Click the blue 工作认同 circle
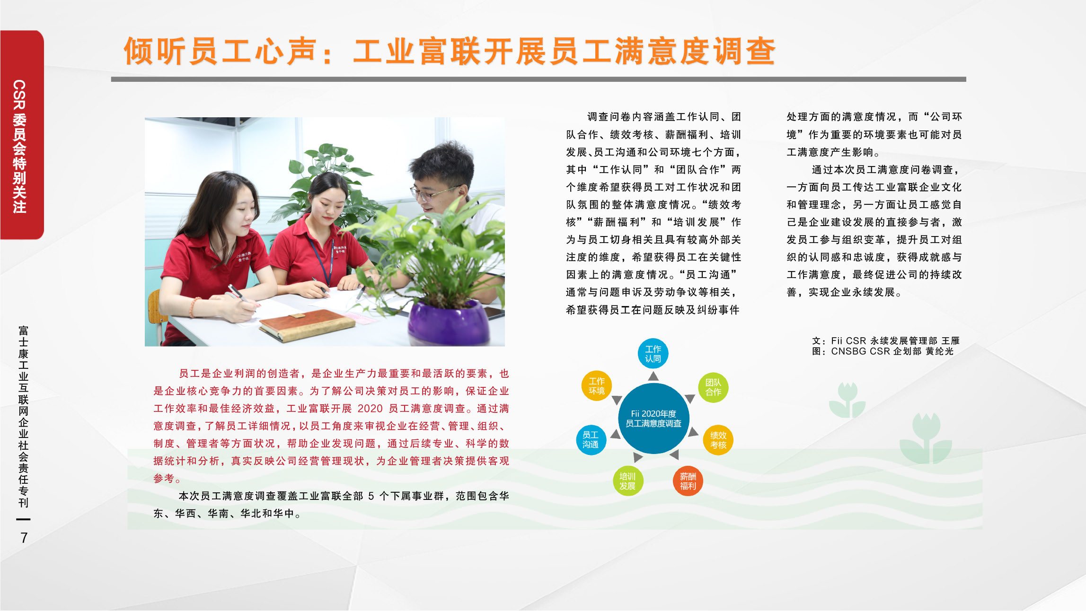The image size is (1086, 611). [653, 354]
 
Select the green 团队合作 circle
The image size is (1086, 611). [713, 387]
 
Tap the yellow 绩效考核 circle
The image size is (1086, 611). [718, 440]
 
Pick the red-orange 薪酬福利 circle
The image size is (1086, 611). [688, 481]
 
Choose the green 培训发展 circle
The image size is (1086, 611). [627, 481]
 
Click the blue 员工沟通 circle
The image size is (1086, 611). [591, 440]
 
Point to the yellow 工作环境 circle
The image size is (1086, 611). [597, 386]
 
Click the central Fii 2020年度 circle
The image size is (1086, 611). [653, 419]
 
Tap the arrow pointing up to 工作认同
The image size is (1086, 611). [653, 376]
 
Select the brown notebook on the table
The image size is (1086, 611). [308, 325]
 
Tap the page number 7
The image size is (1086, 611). [24, 538]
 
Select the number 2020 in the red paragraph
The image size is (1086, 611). [370, 409]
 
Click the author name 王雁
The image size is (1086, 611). [950, 341]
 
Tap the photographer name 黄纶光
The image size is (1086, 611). [940, 351]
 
